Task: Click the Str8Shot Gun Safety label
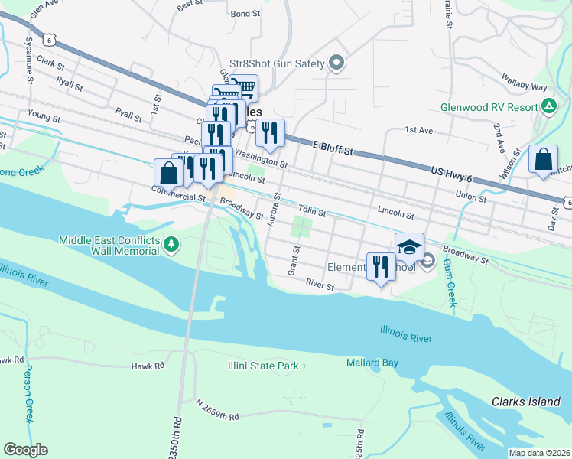pos(277,63)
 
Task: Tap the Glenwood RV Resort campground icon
pos(548,106)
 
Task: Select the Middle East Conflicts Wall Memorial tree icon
pos(174,245)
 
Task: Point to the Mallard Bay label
pos(372,363)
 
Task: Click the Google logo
pos(26,450)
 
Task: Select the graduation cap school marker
pos(409,247)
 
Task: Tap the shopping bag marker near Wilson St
pos(543,160)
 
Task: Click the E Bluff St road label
pos(332,147)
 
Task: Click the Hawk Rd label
pos(148,366)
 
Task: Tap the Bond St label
pos(245,14)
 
